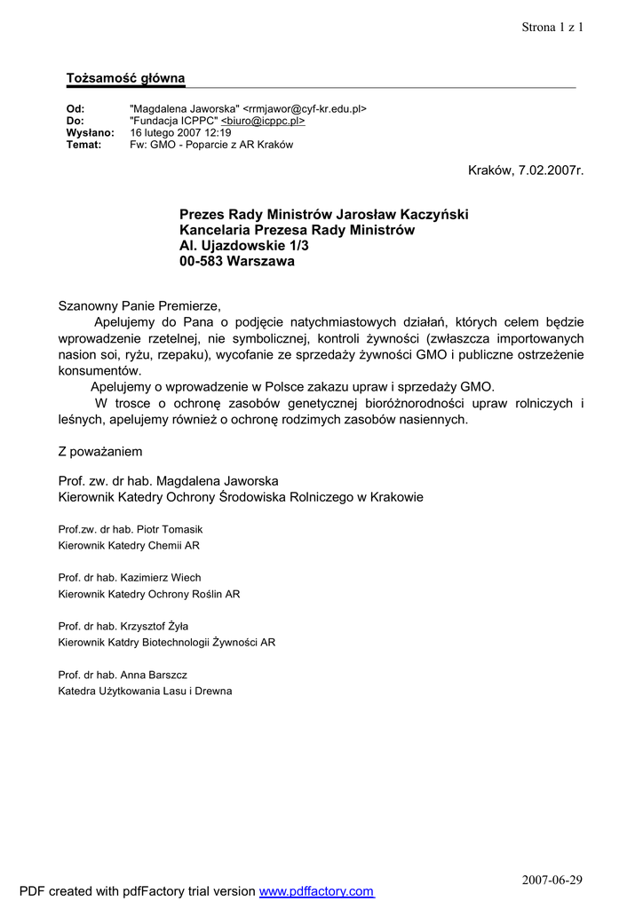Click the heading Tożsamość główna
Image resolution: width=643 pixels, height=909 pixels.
point(125,78)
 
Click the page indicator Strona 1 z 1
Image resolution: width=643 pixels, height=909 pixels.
point(552,27)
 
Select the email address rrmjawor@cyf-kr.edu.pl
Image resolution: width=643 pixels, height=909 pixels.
point(305,109)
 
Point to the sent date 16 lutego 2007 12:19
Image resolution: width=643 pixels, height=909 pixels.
point(180,132)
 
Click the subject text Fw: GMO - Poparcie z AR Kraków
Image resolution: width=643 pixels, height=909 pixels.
point(211,144)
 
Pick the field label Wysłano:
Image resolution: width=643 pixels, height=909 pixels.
point(91,132)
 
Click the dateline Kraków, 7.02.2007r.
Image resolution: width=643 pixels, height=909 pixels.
point(526,170)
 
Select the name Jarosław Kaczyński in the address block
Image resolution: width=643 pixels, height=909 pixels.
point(401,214)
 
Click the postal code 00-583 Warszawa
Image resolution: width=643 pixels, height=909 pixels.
point(237,262)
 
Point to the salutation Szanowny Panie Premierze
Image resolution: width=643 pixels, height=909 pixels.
point(139,305)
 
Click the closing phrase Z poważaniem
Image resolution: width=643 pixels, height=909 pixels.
point(100,451)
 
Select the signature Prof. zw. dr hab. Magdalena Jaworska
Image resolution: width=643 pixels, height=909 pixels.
point(168,480)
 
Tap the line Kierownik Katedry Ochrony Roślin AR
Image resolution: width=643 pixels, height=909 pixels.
point(148,594)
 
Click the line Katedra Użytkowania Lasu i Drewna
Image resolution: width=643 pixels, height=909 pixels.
point(145,691)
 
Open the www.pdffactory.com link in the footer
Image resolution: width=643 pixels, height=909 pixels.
point(316,891)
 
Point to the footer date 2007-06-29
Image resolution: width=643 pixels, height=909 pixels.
point(552,880)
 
